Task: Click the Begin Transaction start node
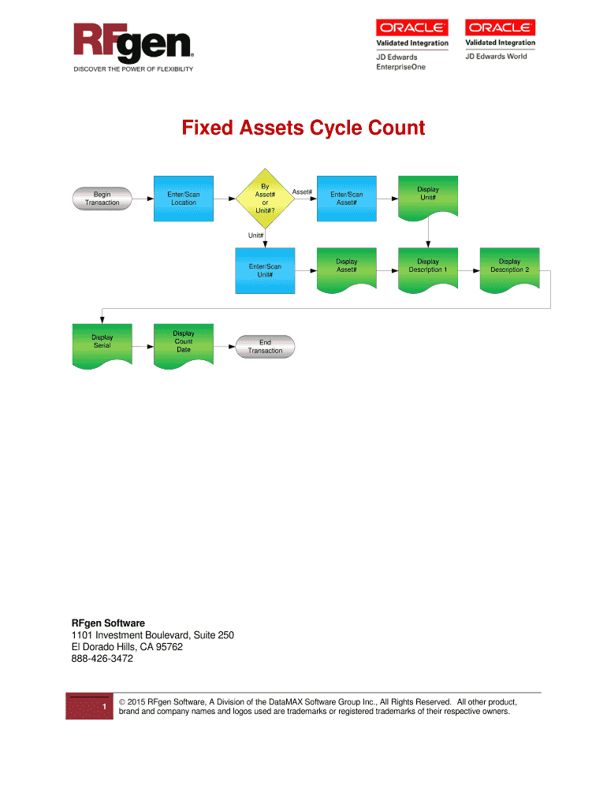(x=102, y=198)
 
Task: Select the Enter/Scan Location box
(x=183, y=198)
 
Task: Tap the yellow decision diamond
(x=265, y=199)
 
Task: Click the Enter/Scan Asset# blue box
(x=346, y=198)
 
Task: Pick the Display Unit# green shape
(x=428, y=194)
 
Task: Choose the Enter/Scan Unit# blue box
(x=265, y=270)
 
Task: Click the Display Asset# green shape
(x=346, y=266)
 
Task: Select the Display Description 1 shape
(x=428, y=266)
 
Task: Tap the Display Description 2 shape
(x=509, y=266)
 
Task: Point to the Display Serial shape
(x=102, y=343)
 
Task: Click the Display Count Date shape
(x=183, y=343)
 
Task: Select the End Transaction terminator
(x=265, y=346)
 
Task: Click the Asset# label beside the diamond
(x=302, y=192)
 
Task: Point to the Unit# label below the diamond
(x=255, y=235)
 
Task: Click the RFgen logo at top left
(x=132, y=44)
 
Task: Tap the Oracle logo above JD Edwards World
(x=500, y=28)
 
